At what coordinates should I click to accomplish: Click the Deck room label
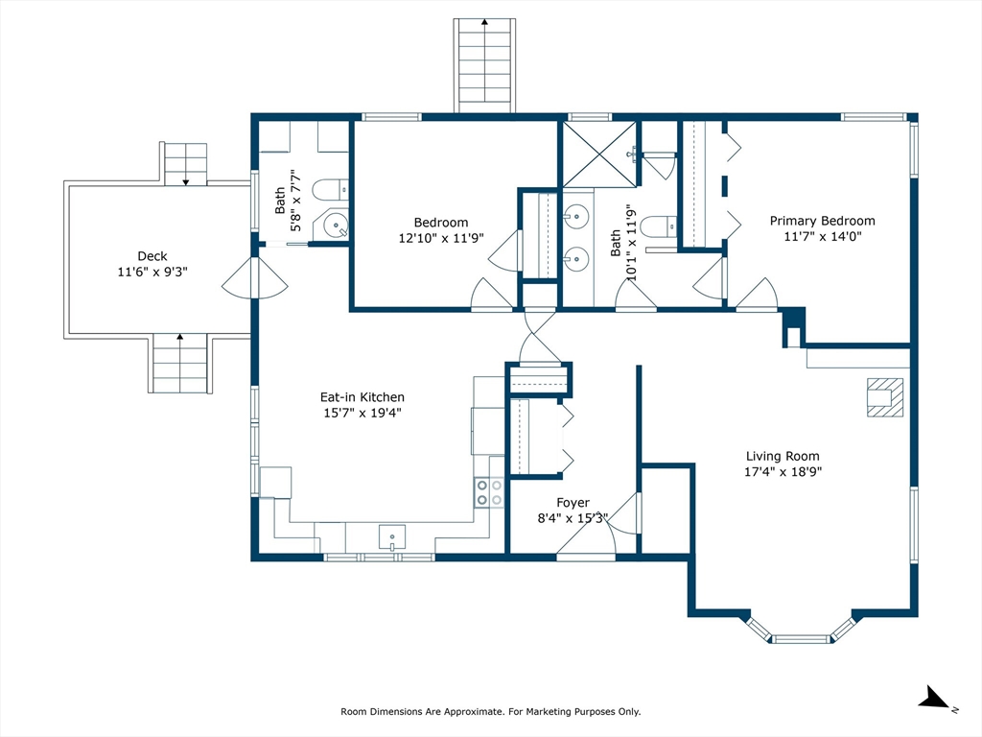pyautogui.click(x=152, y=255)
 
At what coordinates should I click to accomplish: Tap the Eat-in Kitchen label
pyautogui.click(x=362, y=396)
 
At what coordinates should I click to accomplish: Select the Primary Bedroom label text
pyautogui.click(x=822, y=221)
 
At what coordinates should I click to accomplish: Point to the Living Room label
pyautogui.click(x=783, y=456)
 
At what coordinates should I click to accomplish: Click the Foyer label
pyautogui.click(x=573, y=503)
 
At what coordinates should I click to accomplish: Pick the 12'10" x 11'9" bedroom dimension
pyautogui.click(x=441, y=238)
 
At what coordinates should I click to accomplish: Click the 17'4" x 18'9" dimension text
pyautogui.click(x=783, y=472)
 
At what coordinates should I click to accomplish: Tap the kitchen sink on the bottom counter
pyautogui.click(x=392, y=538)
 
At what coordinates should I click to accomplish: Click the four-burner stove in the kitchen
pyautogui.click(x=488, y=492)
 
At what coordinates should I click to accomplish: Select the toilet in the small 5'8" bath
pyautogui.click(x=330, y=189)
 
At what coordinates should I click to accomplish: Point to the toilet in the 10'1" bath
pyautogui.click(x=660, y=226)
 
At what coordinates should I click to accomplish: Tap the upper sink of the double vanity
pyautogui.click(x=575, y=218)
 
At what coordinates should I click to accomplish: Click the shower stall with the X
pyautogui.click(x=599, y=155)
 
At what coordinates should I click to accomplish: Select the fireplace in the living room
pyautogui.click(x=885, y=397)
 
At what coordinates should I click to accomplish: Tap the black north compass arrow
pyautogui.click(x=936, y=697)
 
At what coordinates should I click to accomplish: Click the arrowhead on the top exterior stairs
pyautogui.click(x=484, y=22)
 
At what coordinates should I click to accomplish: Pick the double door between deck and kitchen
pyautogui.click(x=254, y=278)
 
